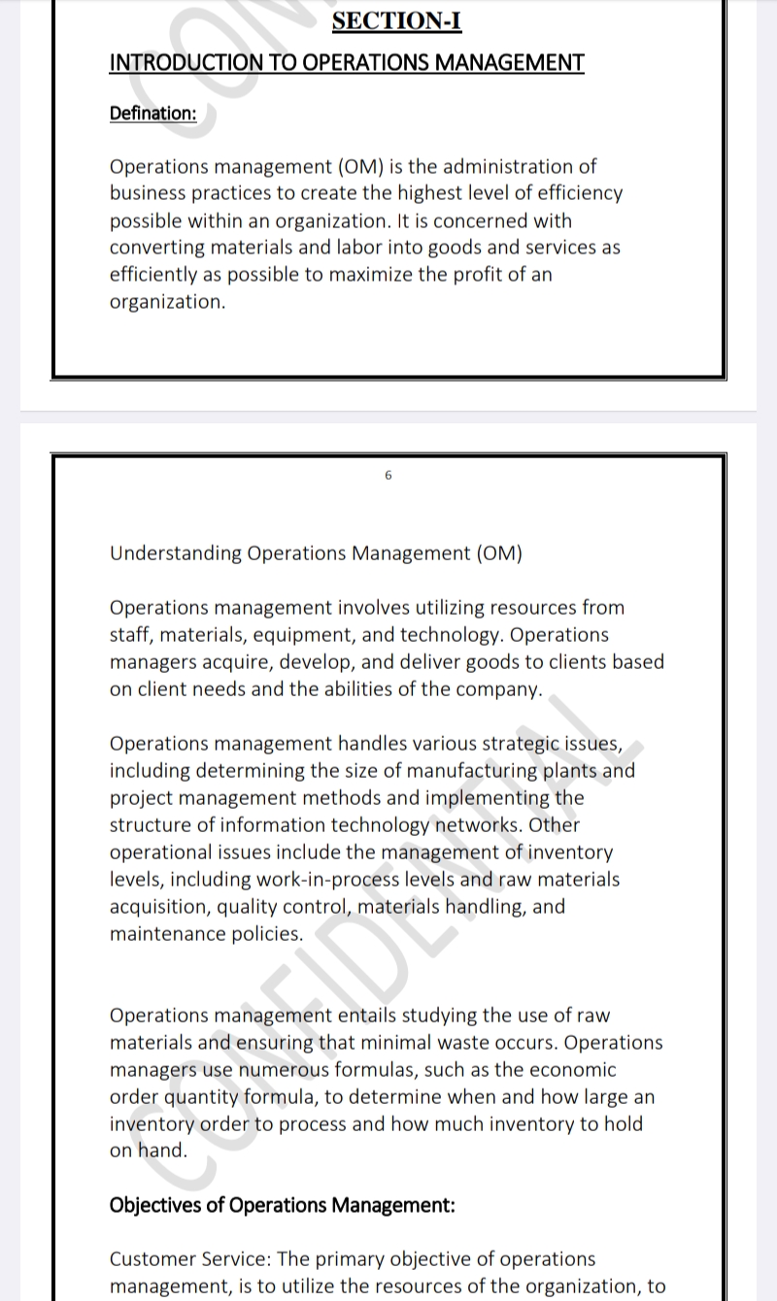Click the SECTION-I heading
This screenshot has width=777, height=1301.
click(396, 20)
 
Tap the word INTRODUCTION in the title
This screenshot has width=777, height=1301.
click(171, 63)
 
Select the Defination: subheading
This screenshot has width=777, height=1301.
click(152, 114)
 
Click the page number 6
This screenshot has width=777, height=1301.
click(388, 476)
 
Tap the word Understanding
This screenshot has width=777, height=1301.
click(176, 553)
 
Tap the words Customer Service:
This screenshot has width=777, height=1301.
click(190, 1259)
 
